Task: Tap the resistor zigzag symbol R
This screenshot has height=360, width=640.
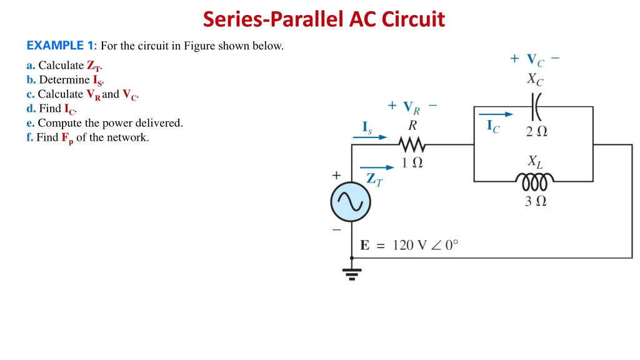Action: (x=412, y=145)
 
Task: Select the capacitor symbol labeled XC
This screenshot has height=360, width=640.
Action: (x=536, y=107)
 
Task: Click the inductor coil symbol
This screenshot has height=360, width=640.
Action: (x=534, y=182)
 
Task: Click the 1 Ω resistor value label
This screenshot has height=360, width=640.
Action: (x=412, y=163)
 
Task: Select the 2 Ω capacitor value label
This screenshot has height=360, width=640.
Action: (x=536, y=131)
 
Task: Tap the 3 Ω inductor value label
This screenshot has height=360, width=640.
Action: (x=536, y=201)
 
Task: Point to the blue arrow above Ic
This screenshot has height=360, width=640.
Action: (x=496, y=114)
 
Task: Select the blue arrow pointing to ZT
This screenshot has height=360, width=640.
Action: (x=377, y=167)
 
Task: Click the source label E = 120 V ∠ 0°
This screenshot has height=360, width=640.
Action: (x=409, y=245)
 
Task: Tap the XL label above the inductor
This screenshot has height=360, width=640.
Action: (x=535, y=162)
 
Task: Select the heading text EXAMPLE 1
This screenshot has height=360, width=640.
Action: (x=61, y=46)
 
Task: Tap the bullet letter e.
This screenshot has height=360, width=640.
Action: (x=31, y=123)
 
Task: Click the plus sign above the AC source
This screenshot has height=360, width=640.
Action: (x=337, y=176)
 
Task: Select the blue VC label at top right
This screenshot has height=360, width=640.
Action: (x=535, y=60)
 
